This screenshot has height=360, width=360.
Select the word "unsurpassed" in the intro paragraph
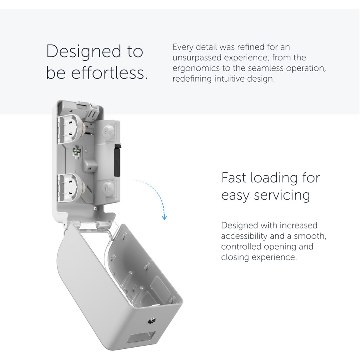click(197, 58)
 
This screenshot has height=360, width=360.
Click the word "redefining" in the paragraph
click(192, 79)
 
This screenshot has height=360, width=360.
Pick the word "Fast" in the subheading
click(234, 178)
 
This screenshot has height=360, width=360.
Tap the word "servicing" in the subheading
click(282, 196)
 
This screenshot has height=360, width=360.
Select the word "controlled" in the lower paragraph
click(241, 246)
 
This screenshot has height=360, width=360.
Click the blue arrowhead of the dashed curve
click(164, 218)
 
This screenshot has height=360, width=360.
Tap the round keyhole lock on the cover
click(152, 320)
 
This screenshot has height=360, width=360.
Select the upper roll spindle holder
click(71, 130)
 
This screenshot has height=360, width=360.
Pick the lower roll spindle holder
click(71, 188)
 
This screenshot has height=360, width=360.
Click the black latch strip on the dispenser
click(118, 161)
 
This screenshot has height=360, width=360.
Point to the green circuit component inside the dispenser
click(76, 150)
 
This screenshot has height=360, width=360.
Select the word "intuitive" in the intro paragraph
click(230, 79)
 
